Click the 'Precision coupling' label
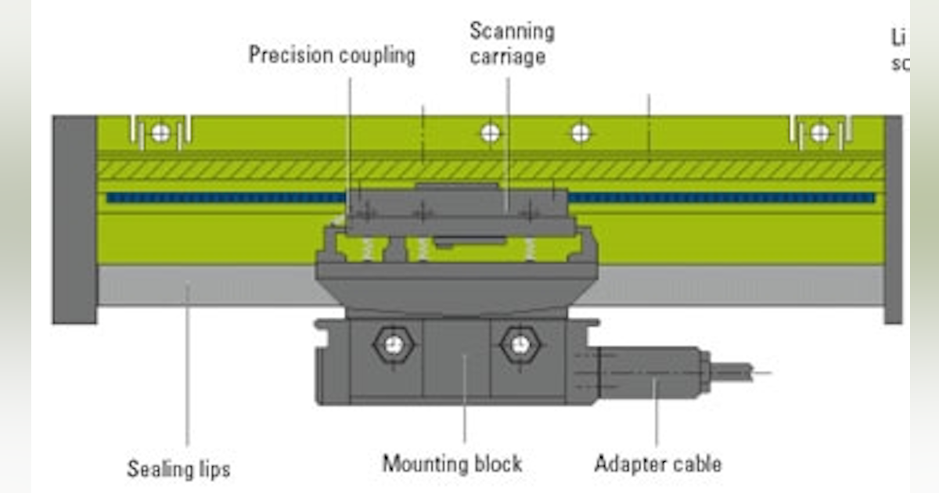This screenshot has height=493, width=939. (x=332, y=56)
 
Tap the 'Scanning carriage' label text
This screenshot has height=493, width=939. (x=512, y=44)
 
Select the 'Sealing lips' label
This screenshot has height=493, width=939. (x=178, y=469)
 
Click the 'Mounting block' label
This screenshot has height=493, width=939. (x=452, y=463)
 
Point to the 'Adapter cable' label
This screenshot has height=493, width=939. (x=657, y=463)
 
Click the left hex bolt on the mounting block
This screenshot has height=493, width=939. (x=394, y=344)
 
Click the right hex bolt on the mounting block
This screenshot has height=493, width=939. (x=520, y=344)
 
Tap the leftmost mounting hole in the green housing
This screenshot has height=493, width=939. (x=160, y=133)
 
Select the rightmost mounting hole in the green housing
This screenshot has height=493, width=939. (x=819, y=133)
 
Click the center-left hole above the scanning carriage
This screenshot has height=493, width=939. (x=490, y=133)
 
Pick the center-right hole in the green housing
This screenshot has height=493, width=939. (x=580, y=133)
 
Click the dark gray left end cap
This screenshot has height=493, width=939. (x=74, y=219)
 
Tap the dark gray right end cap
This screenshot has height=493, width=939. (x=893, y=219)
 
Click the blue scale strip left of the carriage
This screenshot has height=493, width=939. (x=227, y=198)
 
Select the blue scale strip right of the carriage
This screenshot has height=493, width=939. (x=720, y=198)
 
